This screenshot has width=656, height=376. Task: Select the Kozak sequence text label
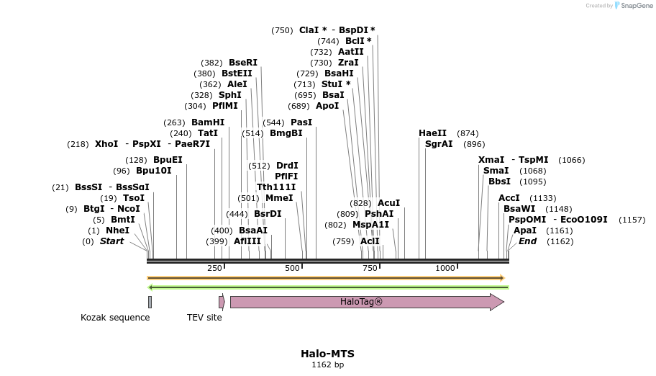click(x=115, y=318)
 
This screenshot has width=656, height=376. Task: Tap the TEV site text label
click(x=204, y=318)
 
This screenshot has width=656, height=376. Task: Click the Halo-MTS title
click(x=327, y=354)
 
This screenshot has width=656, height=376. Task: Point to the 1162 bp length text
click(x=327, y=365)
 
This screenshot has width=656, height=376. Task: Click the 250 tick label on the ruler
click(x=214, y=268)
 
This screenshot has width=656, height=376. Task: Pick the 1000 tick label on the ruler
click(x=445, y=268)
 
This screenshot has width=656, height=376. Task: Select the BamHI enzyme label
click(x=208, y=122)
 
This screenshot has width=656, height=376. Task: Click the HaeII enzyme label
click(x=432, y=133)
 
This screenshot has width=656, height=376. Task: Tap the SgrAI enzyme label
click(x=439, y=144)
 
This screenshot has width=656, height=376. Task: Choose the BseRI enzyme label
click(x=242, y=63)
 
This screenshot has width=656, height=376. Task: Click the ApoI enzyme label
click(x=327, y=106)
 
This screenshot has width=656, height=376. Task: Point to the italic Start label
click(x=111, y=241)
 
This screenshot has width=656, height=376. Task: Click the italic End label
click(x=527, y=241)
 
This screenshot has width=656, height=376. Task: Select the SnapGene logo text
click(x=638, y=6)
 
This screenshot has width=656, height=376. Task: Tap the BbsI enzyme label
click(x=499, y=182)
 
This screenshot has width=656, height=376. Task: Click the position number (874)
click(x=468, y=133)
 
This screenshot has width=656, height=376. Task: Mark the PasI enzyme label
click(x=301, y=122)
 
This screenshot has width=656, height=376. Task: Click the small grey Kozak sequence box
click(x=150, y=302)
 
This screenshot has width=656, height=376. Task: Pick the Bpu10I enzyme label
click(x=154, y=171)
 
